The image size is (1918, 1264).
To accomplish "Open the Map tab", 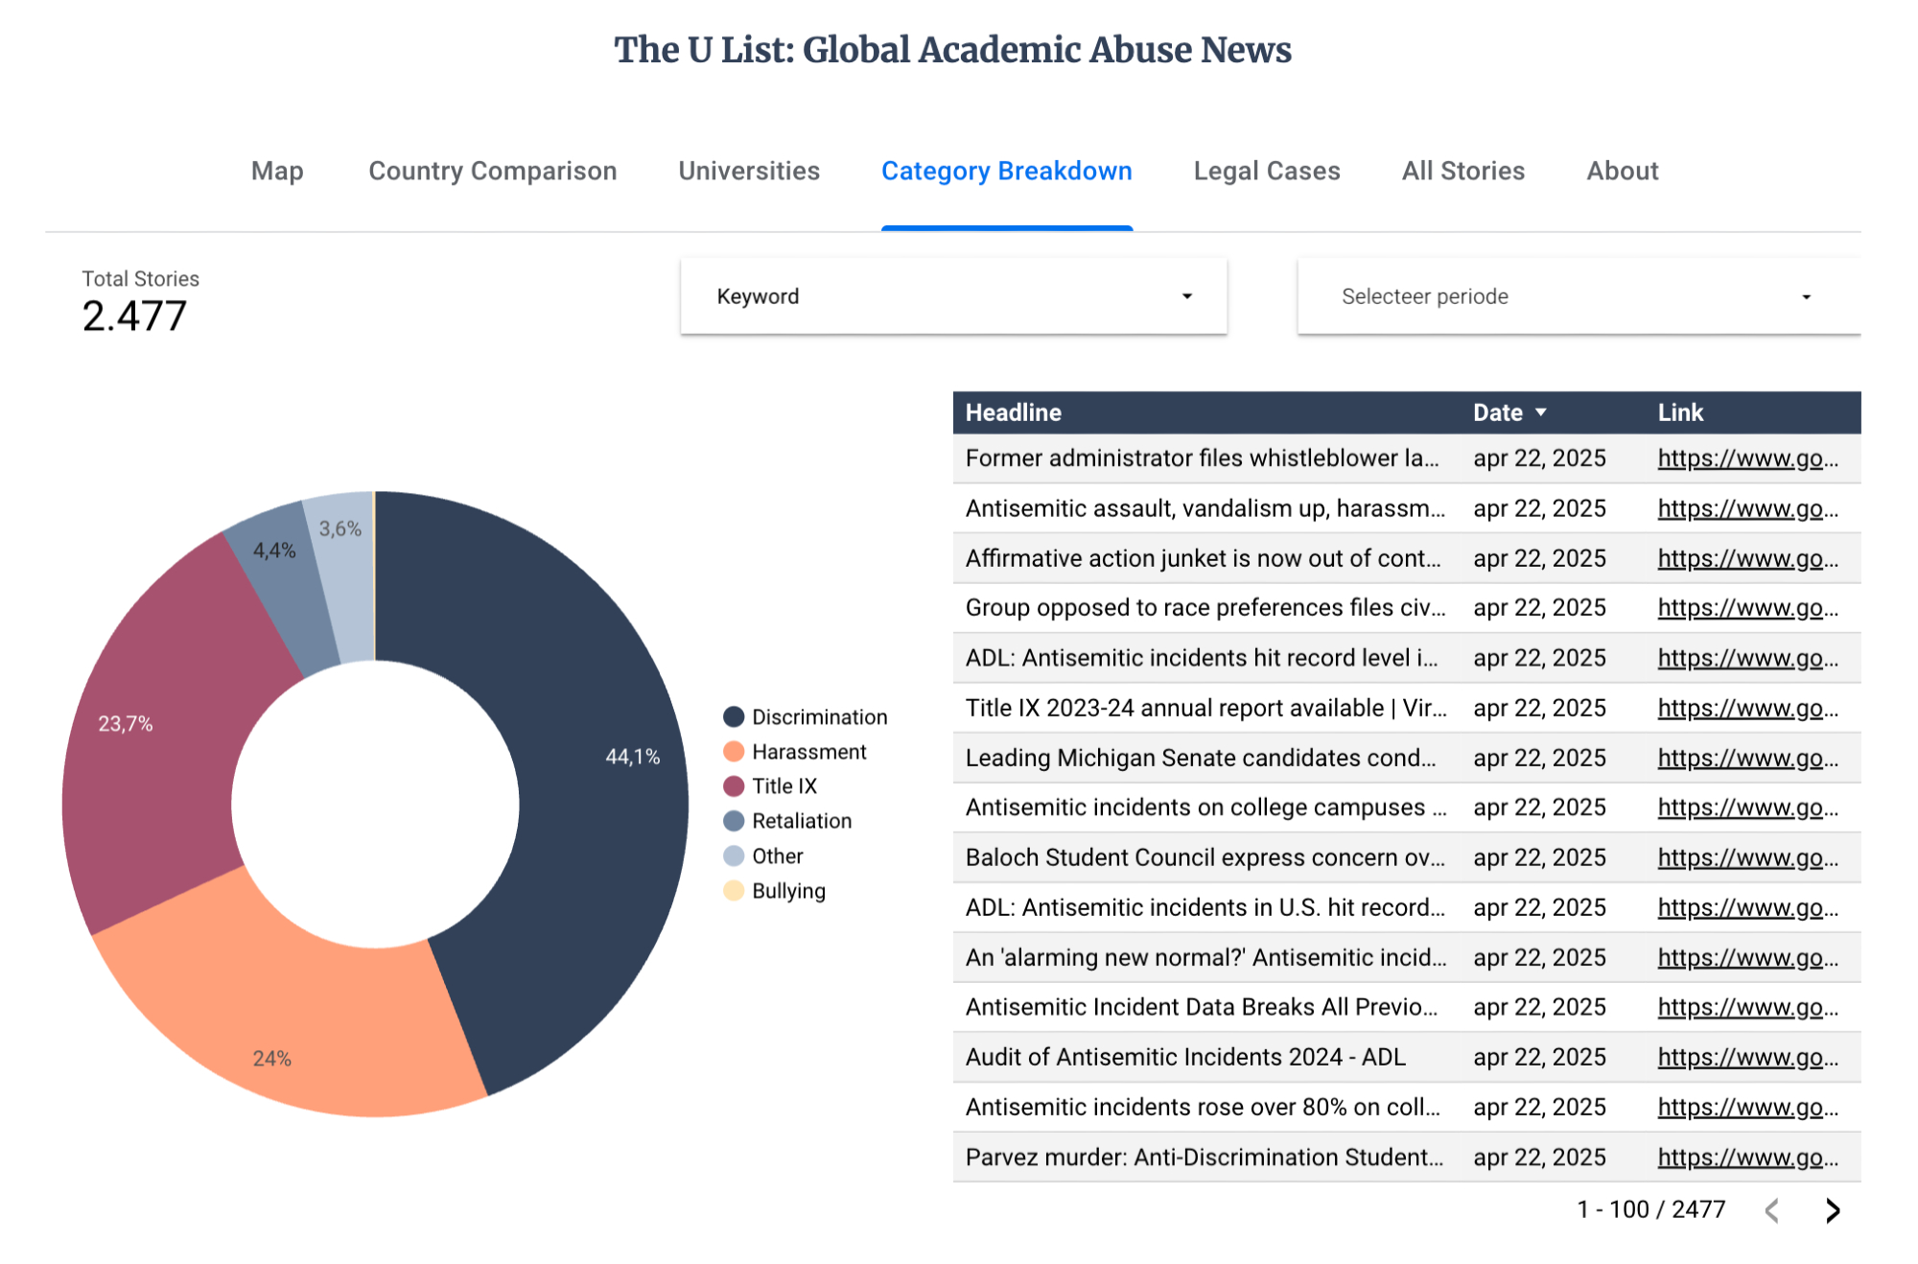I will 277,171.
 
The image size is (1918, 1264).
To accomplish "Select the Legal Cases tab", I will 1266,171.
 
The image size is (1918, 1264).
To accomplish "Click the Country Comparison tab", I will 492,171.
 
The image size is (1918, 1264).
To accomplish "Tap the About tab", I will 1622,171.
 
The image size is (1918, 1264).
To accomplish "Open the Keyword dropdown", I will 953,296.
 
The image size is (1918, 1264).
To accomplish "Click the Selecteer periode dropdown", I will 1578,296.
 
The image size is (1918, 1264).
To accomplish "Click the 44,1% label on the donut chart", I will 632,757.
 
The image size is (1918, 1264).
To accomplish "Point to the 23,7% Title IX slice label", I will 126,723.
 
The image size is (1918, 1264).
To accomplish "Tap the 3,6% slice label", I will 340,528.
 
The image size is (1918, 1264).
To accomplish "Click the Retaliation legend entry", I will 801,821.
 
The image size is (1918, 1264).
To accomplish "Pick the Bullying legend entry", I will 787,891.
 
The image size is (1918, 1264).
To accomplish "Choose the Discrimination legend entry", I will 818,717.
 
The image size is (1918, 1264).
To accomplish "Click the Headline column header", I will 1013,412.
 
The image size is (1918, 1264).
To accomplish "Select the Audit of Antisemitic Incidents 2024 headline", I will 1184,1057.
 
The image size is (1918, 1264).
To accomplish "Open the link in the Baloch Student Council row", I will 1747,857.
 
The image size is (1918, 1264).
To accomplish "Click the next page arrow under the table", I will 1833,1210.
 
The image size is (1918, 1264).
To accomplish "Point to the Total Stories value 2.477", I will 134,316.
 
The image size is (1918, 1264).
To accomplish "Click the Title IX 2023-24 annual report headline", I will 1205,708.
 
